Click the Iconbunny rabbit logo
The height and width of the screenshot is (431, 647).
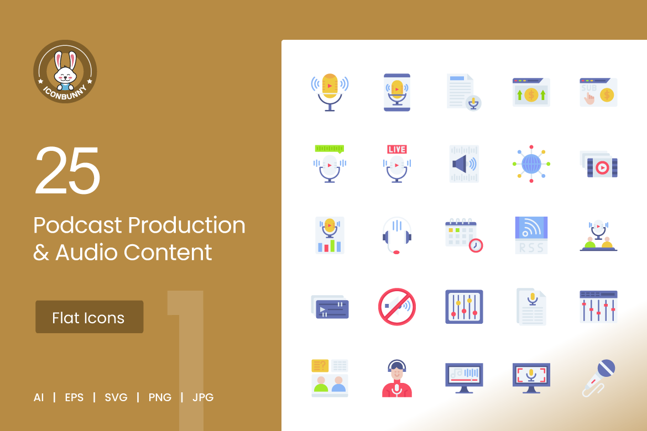click(65, 71)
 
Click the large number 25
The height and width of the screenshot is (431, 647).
click(67, 170)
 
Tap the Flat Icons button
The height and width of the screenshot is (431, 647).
click(89, 317)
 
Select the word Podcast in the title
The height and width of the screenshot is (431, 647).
click(77, 225)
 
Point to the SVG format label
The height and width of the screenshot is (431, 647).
click(116, 398)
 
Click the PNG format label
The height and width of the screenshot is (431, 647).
click(160, 398)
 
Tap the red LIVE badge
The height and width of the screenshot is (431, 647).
click(397, 149)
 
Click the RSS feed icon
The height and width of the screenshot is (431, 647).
click(531, 235)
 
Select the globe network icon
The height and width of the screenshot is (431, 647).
click(531, 164)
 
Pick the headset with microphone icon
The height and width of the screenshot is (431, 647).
click(397, 235)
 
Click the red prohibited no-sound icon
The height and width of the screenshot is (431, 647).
click(397, 307)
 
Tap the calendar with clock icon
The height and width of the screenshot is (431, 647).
click(464, 235)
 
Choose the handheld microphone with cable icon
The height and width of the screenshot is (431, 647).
click(599, 378)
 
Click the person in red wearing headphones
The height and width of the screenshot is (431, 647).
click(397, 378)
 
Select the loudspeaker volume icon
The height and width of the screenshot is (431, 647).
click(464, 164)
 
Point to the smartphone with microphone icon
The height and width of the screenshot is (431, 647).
click(397, 92)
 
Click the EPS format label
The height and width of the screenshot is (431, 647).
click(74, 398)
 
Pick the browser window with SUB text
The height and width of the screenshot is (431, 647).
click(599, 92)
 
